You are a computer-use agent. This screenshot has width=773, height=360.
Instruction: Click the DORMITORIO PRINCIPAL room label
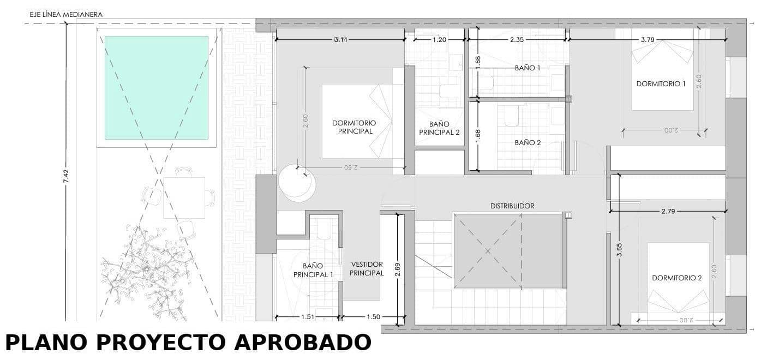point(355,127)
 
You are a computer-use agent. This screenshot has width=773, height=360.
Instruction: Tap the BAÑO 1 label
point(527,68)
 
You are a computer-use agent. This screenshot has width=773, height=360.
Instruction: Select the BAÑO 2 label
point(527,143)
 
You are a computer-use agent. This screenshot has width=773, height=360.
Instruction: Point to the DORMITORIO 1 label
point(661,83)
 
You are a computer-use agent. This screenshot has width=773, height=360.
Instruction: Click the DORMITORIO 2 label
point(676,278)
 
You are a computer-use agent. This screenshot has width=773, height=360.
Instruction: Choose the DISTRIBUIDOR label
point(512,206)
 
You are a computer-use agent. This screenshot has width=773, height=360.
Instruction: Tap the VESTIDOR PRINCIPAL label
point(367,268)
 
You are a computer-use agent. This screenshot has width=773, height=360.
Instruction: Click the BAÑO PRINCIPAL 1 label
point(313,271)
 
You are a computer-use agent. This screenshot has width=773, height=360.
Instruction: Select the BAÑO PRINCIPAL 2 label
point(439,128)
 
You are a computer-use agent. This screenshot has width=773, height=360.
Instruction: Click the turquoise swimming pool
point(156,87)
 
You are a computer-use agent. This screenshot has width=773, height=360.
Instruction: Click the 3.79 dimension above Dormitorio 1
point(648,40)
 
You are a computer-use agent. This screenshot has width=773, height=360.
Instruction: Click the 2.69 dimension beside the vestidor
point(399,270)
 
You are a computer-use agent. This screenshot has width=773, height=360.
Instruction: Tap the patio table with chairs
point(184,197)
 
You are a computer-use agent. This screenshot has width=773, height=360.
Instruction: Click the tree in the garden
point(146,270)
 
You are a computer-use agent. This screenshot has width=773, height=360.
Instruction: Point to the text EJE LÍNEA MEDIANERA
point(66,15)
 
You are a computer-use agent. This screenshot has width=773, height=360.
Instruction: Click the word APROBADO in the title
point(302,343)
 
